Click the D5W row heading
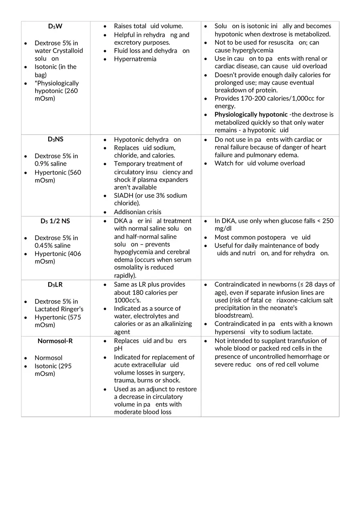(55, 26)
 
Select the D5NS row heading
(55, 139)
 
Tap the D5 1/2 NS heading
(55, 221)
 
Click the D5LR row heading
(55, 285)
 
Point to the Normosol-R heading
(55, 341)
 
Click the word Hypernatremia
(135, 59)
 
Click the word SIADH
(124, 195)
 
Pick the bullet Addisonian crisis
(137, 212)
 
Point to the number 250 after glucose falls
(328, 221)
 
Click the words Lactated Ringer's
(59, 309)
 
